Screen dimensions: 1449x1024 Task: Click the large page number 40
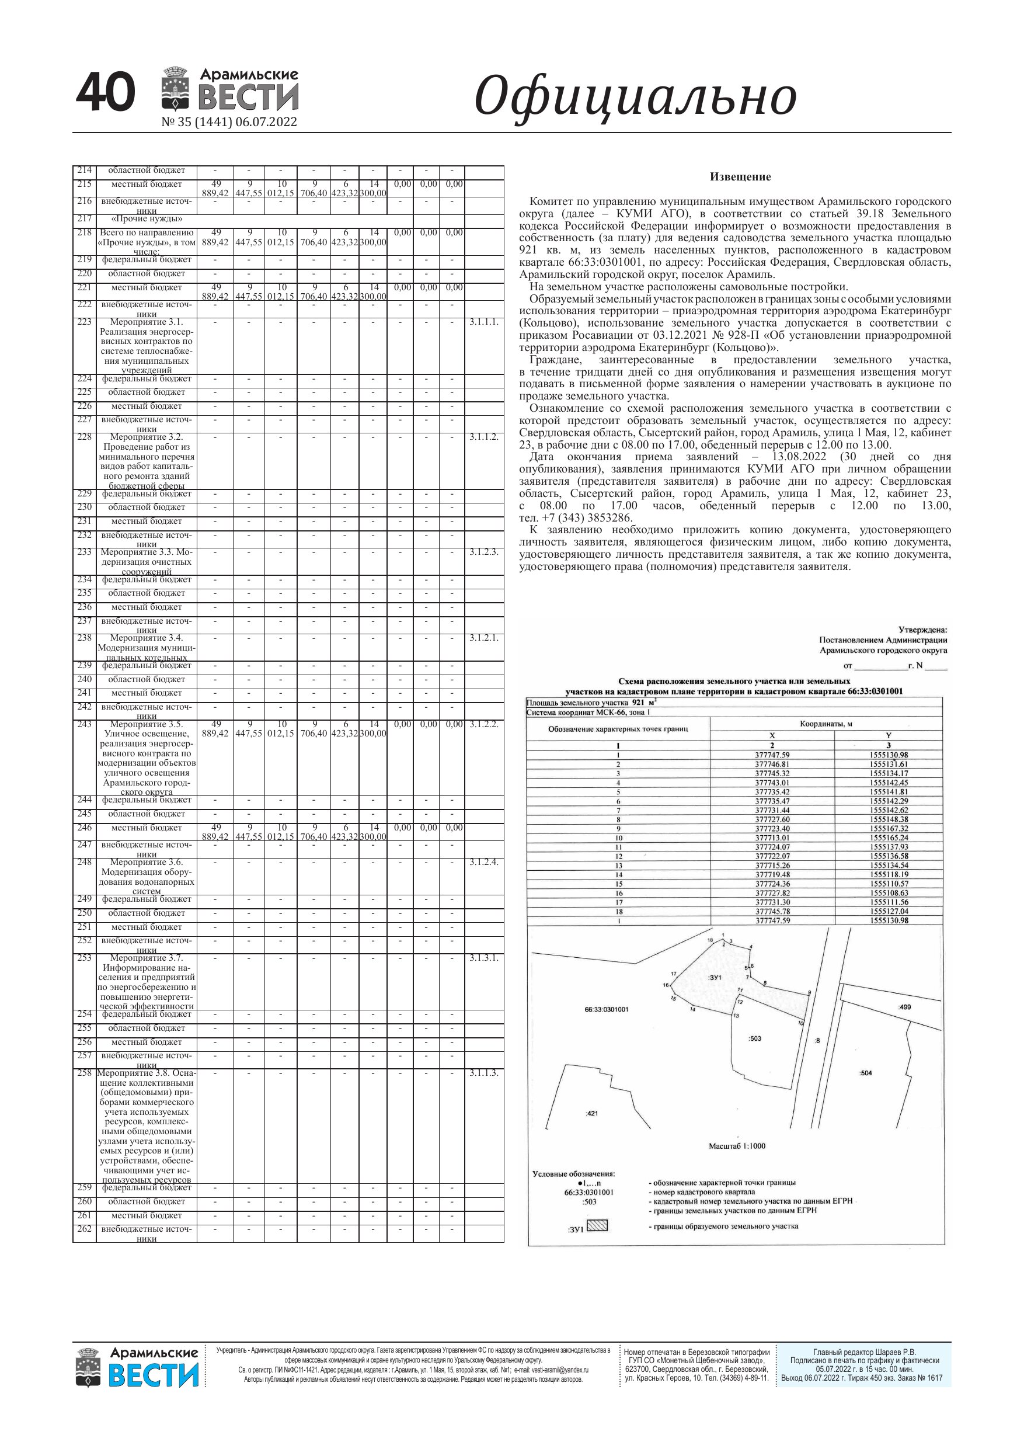[x=105, y=92]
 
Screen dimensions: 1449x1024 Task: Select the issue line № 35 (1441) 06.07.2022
[x=229, y=122]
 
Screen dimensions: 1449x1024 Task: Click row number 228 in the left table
[x=85, y=437]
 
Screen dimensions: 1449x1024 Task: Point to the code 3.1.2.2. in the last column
[x=484, y=724]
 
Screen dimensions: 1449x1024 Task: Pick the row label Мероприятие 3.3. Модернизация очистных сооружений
[x=147, y=561]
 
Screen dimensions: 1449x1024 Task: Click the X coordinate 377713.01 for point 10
[x=772, y=838]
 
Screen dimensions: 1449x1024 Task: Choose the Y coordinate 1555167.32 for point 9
[x=889, y=829]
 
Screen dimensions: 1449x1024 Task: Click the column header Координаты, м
[x=826, y=724]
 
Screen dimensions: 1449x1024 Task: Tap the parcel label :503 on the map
[x=755, y=1038]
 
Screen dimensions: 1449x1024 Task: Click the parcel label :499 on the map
[x=904, y=1007]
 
